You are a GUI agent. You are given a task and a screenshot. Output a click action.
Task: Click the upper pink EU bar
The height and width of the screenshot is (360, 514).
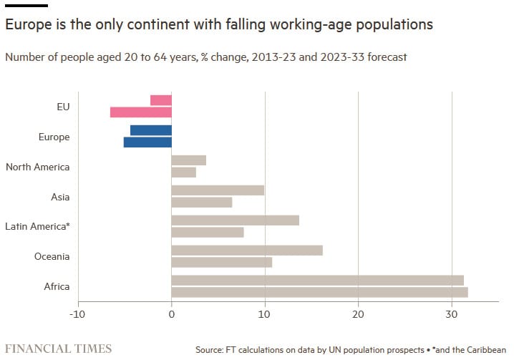point(161,100)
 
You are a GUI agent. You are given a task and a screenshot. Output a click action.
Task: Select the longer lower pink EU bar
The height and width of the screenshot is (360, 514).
point(141,112)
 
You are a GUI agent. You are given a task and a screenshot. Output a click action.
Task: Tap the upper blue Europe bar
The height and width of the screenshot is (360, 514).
point(151,130)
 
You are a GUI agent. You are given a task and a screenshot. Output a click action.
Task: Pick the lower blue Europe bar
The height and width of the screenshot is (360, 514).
point(147,142)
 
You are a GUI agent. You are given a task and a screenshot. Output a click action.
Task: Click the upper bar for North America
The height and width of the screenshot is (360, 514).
point(189,160)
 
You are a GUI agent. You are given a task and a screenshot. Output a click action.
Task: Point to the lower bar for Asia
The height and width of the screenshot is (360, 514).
point(202,202)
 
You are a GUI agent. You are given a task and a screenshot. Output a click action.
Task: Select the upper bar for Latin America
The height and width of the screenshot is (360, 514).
point(236,220)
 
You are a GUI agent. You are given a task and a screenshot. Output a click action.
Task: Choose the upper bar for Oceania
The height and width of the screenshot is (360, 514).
point(247,250)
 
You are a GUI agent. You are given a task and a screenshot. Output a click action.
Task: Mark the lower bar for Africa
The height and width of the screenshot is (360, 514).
point(319,292)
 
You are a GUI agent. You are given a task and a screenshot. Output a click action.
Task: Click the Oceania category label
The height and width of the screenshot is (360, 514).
point(52,256)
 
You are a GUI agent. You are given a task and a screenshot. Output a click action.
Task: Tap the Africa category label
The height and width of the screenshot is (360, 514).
point(57,286)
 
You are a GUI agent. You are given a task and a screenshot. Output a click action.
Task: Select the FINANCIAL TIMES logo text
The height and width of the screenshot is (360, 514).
point(59,349)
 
